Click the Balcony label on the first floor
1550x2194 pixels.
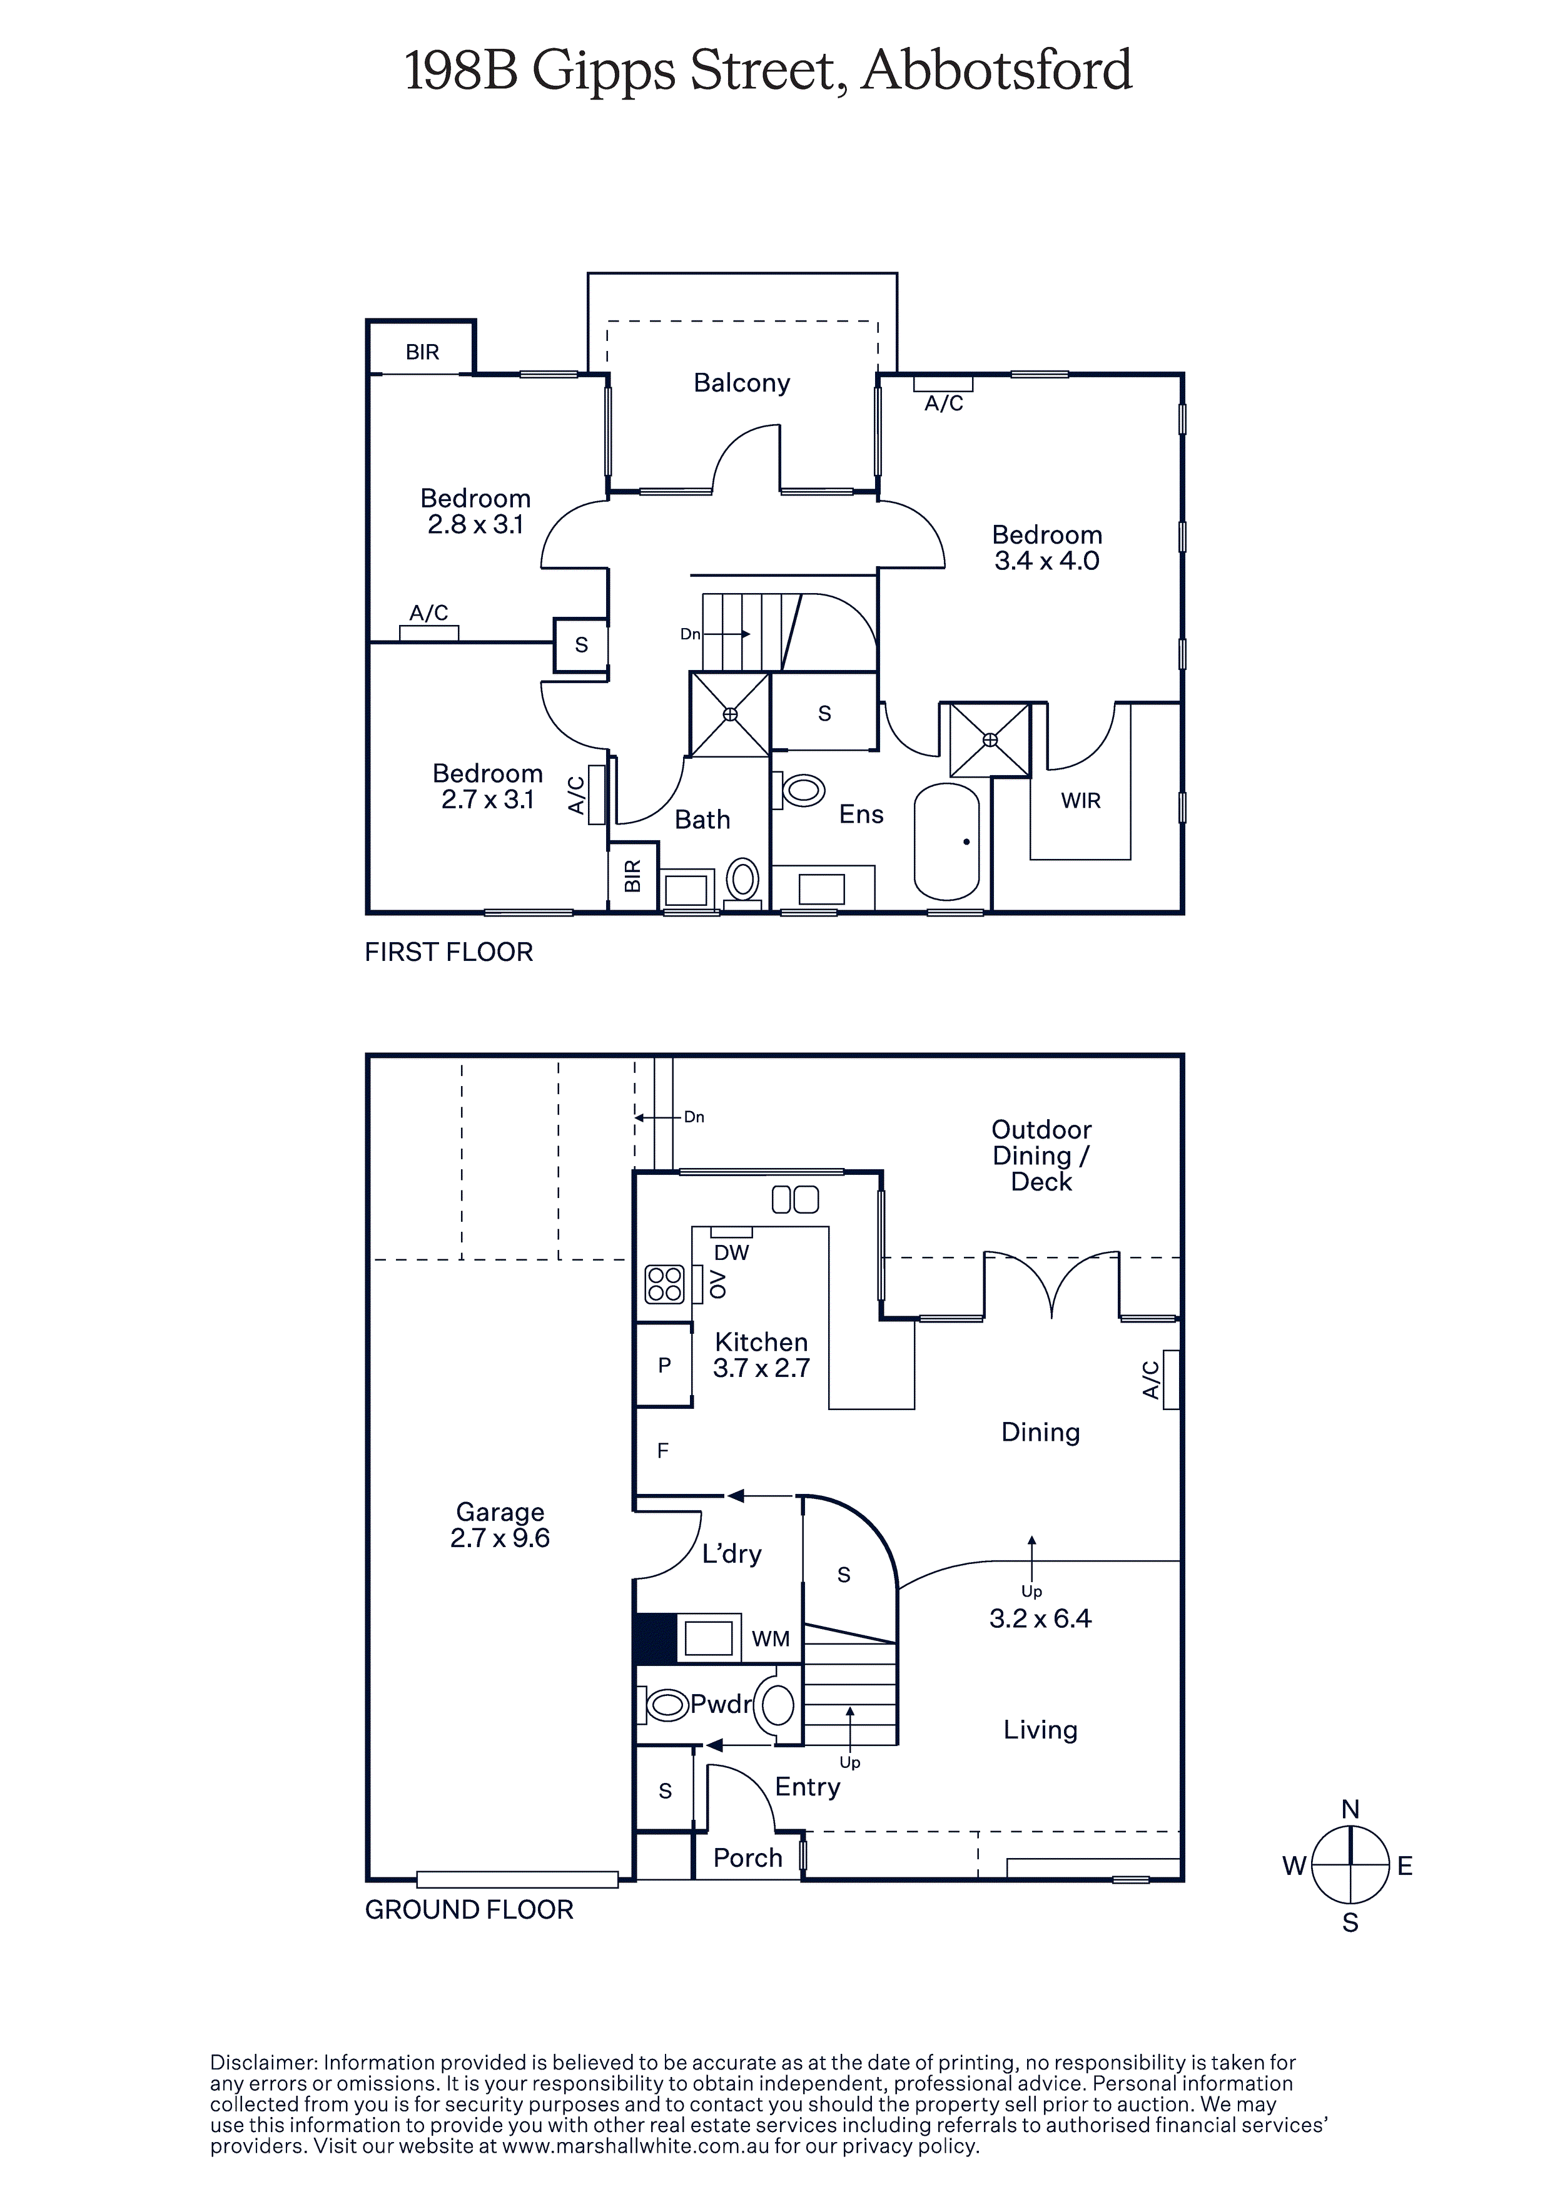pyautogui.click(x=742, y=383)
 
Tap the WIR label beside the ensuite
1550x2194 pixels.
pyautogui.click(x=1081, y=801)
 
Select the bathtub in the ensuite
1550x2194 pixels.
pyautogui.click(x=947, y=842)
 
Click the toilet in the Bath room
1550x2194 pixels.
pyautogui.click(x=742, y=879)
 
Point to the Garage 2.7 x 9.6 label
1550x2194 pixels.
pyautogui.click(x=500, y=1525)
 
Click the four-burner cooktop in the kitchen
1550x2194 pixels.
pyautogui.click(x=664, y=1284)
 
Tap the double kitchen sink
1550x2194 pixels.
pyautogui.click(x=795, y=1199)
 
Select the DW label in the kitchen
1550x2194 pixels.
pyautogui.click(x=732, y=1252)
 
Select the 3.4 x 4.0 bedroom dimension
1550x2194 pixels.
pyautogui.click(x=1047, y=561)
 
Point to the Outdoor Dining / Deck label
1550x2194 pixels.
pyautogui.click(x=1041, y=1155)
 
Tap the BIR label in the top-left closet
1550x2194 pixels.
pyautogui.click(x=422, y=353)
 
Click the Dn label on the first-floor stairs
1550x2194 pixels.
pyautogui.click(x=690, y=634)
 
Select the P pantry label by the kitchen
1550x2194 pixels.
pyautogui.click(x=665, y=1366)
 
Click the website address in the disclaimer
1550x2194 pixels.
pyautogui.click(x=636, y=2146)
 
